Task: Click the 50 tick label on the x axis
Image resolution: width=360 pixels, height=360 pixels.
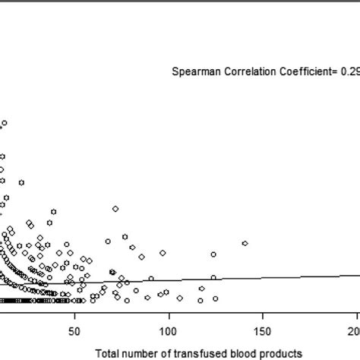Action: (x=74, y=331)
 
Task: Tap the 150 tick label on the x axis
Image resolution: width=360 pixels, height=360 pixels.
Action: (x=262, y=331)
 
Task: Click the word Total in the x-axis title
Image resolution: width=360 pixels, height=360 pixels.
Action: (x=109, y=353)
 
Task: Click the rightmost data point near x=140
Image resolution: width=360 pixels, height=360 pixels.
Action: (x=245, y=243)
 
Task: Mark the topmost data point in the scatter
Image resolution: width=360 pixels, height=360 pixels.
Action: (x=5, y=122)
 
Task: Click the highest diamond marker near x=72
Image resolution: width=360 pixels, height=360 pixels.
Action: (x=115, y=208)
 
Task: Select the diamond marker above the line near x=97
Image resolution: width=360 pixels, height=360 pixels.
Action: (x=163, y=253)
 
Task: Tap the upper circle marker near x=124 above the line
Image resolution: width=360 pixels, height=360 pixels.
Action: (x=213, y=254)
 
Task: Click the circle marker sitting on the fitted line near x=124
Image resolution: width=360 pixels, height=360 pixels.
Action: (x=213, y=278)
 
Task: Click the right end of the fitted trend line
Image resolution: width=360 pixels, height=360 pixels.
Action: (x=358, y=276)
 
